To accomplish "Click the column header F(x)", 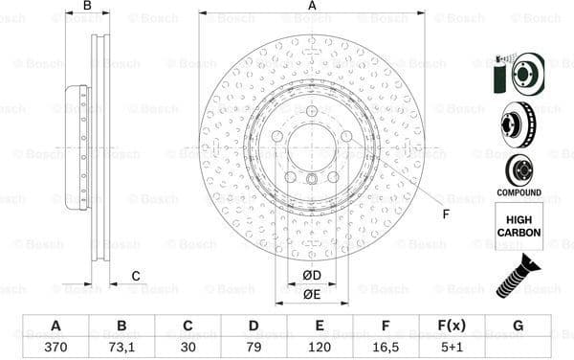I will coord(452,326).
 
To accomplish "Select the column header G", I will coord(518,326).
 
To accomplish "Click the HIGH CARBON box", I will coord(519,226).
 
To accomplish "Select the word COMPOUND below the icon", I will coord(519,192).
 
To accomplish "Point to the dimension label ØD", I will coord(312,276).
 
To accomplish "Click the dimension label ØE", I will coord(312,295).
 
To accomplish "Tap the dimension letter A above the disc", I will coord(312,7).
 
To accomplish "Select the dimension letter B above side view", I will coord(87,7).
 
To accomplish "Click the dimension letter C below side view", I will coord(135,277).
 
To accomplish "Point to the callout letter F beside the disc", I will coord(445,213).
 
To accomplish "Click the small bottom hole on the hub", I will coord(312,184).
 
